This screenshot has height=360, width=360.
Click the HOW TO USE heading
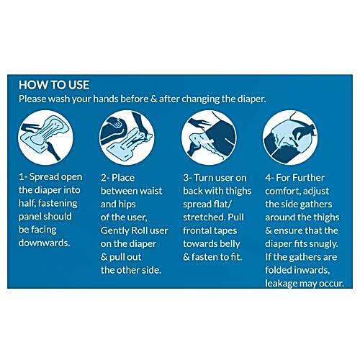point(54,85)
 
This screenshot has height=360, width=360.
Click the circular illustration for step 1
point(45,138)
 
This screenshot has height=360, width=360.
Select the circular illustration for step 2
point(127,138)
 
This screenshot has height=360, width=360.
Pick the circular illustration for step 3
point(209,138)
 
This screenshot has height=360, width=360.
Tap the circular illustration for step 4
point(290,138)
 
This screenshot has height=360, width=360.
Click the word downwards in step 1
point(45,243)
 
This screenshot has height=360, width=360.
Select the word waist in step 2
point(151,191)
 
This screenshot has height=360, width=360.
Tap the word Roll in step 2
point(139,230)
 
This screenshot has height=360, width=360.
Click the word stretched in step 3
point(204,217)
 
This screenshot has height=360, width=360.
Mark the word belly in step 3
point(230,244)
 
